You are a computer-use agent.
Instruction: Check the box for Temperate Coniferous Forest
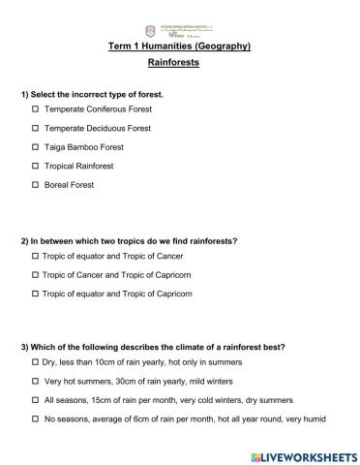pos(35,110)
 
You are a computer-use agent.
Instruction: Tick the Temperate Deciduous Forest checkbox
pos(35,129)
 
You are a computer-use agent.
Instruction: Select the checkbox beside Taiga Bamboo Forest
pos(35,147)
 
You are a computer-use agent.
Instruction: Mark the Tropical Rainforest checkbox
pos(35,166)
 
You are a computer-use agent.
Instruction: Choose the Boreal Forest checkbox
pos(35,184)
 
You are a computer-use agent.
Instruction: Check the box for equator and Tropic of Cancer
pos(35,257)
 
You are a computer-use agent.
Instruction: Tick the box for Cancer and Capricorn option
pos(35,275)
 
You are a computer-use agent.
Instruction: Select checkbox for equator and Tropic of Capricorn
pos(35,294)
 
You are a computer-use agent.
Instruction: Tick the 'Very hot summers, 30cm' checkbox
pos(35,381)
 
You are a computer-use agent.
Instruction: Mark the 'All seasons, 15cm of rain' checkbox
pos(35,399)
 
